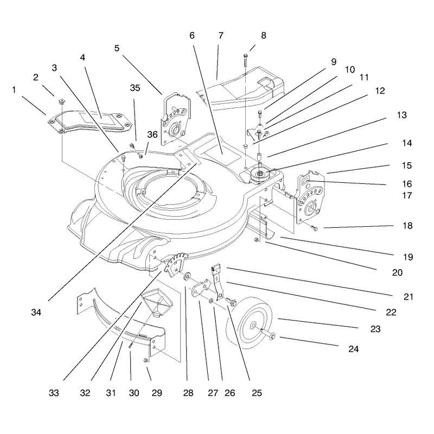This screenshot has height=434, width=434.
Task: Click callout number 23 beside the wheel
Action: [x=375, y=329]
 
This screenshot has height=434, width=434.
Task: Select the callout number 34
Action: [x=36, y=312]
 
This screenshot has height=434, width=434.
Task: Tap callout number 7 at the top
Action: [x=221, y=35]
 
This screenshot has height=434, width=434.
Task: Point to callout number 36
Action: [x=152, y=135]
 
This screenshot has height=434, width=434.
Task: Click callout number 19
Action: [x=408, y=257]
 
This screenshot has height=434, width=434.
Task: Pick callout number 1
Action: [x=14, y=90]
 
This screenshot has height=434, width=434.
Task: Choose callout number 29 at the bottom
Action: [x=157, y=393]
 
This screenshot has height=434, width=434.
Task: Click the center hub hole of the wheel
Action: [x=253, y=327]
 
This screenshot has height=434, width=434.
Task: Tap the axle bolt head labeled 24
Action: [x=272, y=336]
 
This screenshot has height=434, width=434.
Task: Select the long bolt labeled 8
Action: [x=246, y=60]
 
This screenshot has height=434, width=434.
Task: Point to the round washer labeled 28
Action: [x=188, y=276]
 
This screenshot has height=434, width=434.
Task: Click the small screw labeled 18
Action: [x=315, y=228]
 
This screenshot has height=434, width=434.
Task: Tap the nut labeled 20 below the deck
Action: [x=257, y=240]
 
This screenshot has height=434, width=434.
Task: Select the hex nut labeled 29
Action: [x=145, y=360]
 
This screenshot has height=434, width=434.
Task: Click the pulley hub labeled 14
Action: [x=260, y=174]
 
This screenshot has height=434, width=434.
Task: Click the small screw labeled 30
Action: [x=131, y=345]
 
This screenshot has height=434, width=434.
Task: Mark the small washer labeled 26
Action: [x=210, y=301]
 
